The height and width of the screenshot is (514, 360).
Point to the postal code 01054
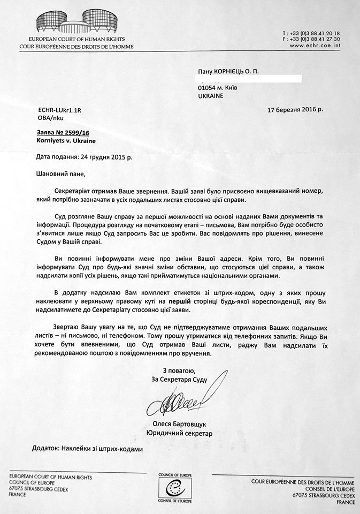(206, 87)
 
